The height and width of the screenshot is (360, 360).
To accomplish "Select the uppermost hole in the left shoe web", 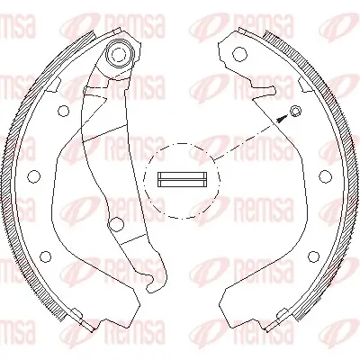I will click(x=64, y=112).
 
